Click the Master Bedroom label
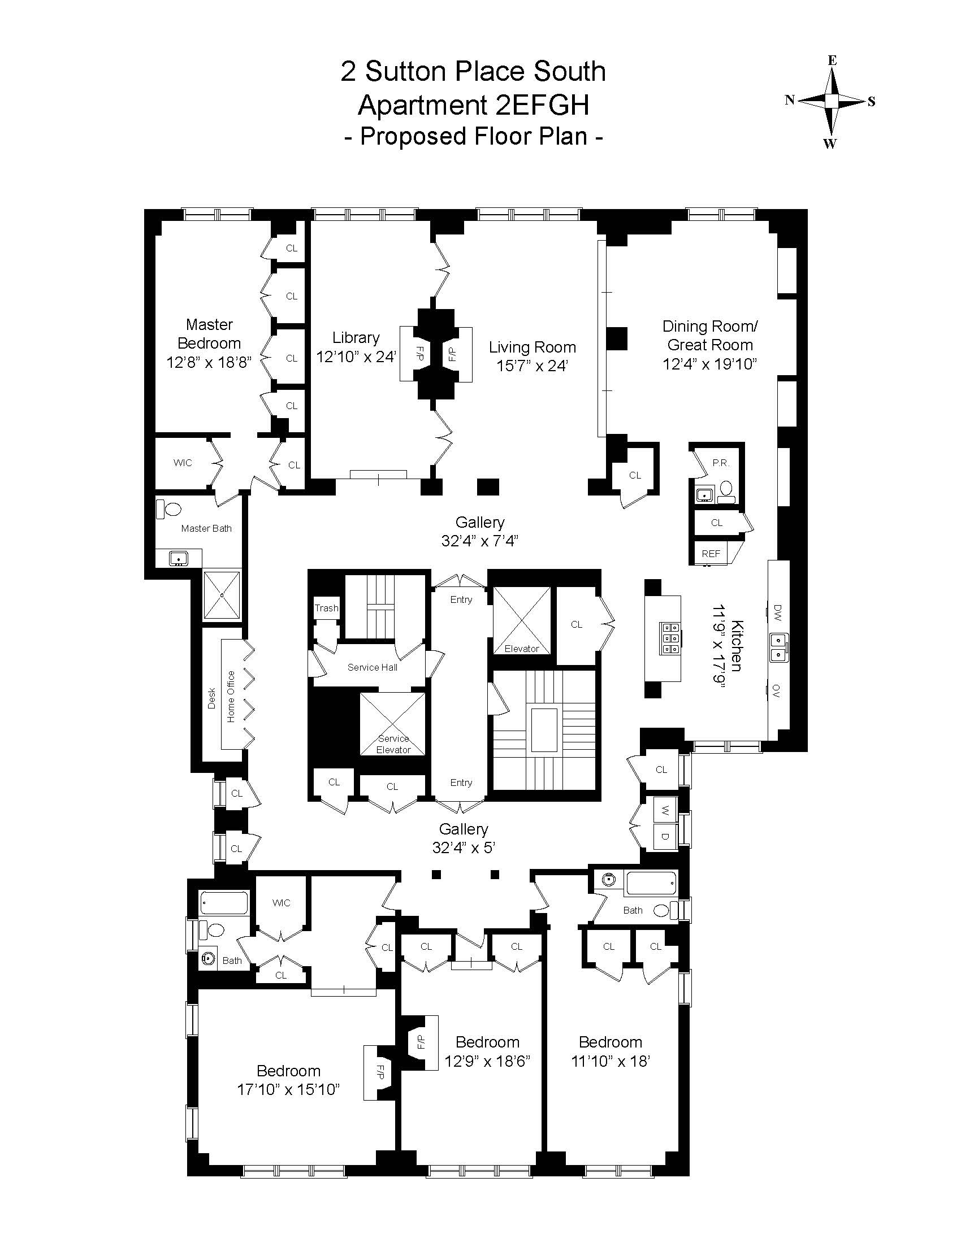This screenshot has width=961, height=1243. point(209,334)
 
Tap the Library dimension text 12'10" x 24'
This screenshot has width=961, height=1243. point(356,357)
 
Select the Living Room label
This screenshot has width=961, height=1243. point(533,347)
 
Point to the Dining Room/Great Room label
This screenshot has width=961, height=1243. point(710,335)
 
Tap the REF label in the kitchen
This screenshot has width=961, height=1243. point(711,553)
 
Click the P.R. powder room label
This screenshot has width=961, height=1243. point(721,463)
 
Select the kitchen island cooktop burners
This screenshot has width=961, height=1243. point(669,637)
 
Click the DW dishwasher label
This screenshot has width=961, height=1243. point(778,612)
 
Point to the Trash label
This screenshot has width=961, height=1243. point(327,608)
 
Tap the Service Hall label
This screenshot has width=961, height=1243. point(373,667)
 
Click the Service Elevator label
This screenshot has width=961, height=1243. point(393,744)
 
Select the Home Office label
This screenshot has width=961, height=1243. point(231,697)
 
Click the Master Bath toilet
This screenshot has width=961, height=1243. point(169,508)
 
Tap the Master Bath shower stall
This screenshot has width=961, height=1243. point(222,595)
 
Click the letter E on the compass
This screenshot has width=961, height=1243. point(832,61)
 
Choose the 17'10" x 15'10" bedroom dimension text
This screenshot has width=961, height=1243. point(289,1090)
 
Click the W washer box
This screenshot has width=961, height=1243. point(664,809)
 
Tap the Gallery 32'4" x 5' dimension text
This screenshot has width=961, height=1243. point(464,848)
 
